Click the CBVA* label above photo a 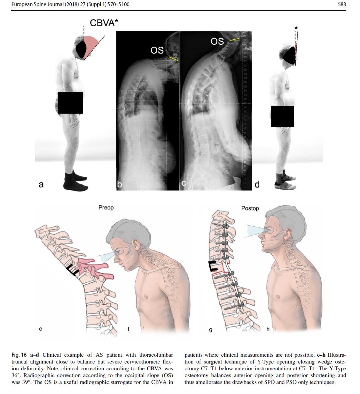click(x=104, y=23)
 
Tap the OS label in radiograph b click(x=157, y=50)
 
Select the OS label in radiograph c click(x=217, y=41)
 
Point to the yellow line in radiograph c click(x=235, y=39)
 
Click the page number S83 click(x=342, y=4)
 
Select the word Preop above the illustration click(x=106, y=207)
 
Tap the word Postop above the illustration click(x=250, y=208)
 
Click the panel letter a click(x=41, y=184)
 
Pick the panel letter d click(x=257, y=184)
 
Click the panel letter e click(x=41, y=329)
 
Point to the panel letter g click(x=210, y=330)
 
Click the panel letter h click(x=268, y=329)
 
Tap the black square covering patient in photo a click(x=70, y=103)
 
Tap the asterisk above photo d click(x=296, y=28)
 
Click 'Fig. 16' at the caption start click(x=19, y=355)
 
